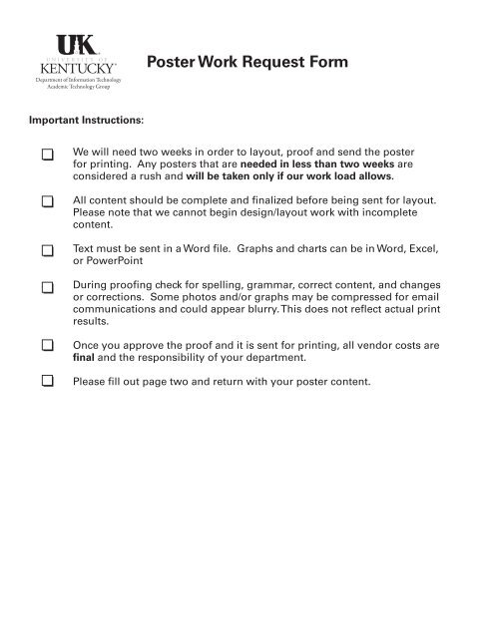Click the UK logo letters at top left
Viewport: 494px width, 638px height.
[76, 43]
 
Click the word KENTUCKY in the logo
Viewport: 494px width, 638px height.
[76, 66]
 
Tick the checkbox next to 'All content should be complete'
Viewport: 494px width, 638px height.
[47, 200]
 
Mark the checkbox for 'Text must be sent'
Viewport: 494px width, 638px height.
[47, 245]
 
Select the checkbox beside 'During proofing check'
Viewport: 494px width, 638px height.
[47, 288]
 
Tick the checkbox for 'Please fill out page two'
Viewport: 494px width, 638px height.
[47, 380]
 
